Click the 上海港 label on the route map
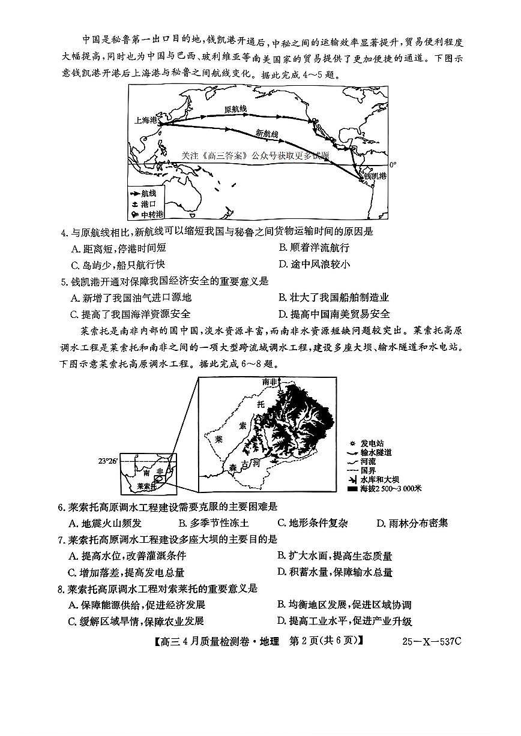click(x=146, y=120)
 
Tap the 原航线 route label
click(x=235, y=109)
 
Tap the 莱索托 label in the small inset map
click(x=146, y=486)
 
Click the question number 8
click(x=62, y=588)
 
